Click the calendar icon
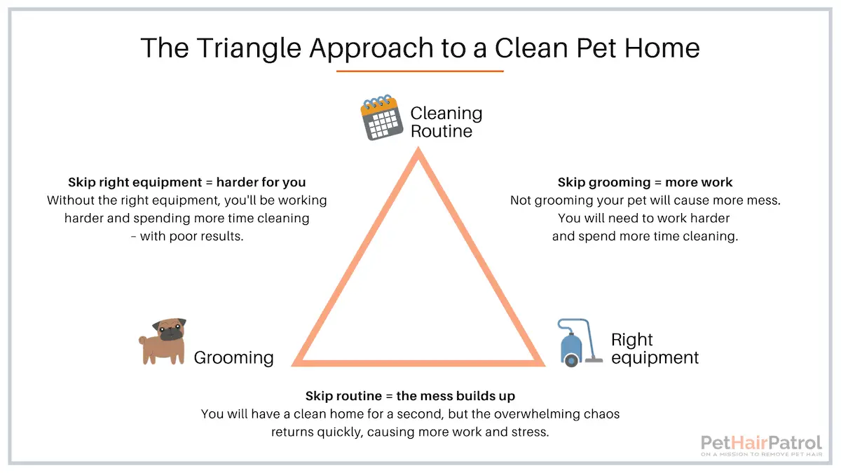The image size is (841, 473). (x=381, y=118)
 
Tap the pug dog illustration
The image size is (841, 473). (x=163, y=342)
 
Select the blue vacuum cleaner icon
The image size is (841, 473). (x=580, y=343)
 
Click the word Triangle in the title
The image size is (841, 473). (x=249, y=49)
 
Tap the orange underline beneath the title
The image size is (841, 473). (x=420, y=71)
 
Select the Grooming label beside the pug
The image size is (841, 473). (x=233, y=358)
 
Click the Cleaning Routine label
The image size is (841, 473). (x=446, y=123)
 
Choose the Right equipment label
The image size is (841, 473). (x=655, y=349)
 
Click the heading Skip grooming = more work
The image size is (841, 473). (x=645, y=182)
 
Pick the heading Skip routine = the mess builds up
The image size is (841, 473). (x=410, y=396)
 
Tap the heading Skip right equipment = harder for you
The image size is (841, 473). (x=186, y=182)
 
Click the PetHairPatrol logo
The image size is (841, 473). (x=761, y=446)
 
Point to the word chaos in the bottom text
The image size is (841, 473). (x=601, y=414)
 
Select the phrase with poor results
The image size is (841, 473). (x=191, y=237)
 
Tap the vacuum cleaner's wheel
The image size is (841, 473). (x=571, y=361)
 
